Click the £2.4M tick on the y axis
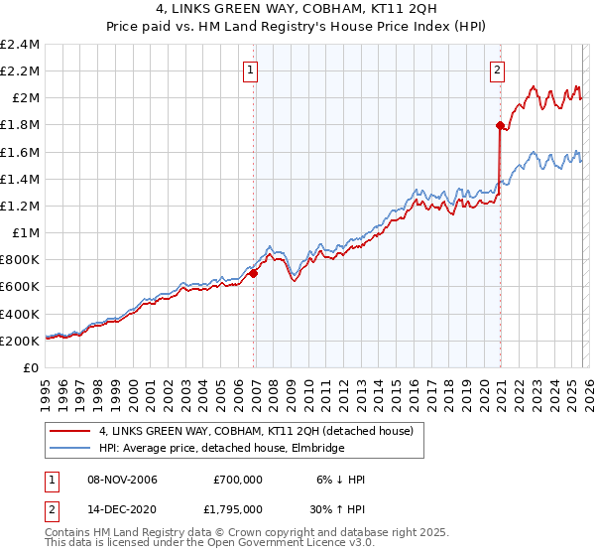20,45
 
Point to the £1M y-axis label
26,232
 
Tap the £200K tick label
20,341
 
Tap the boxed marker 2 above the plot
496,70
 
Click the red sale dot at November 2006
254,273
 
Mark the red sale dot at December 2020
500,125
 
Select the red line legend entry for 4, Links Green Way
262,431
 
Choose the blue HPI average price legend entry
221,449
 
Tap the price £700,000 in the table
237,480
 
